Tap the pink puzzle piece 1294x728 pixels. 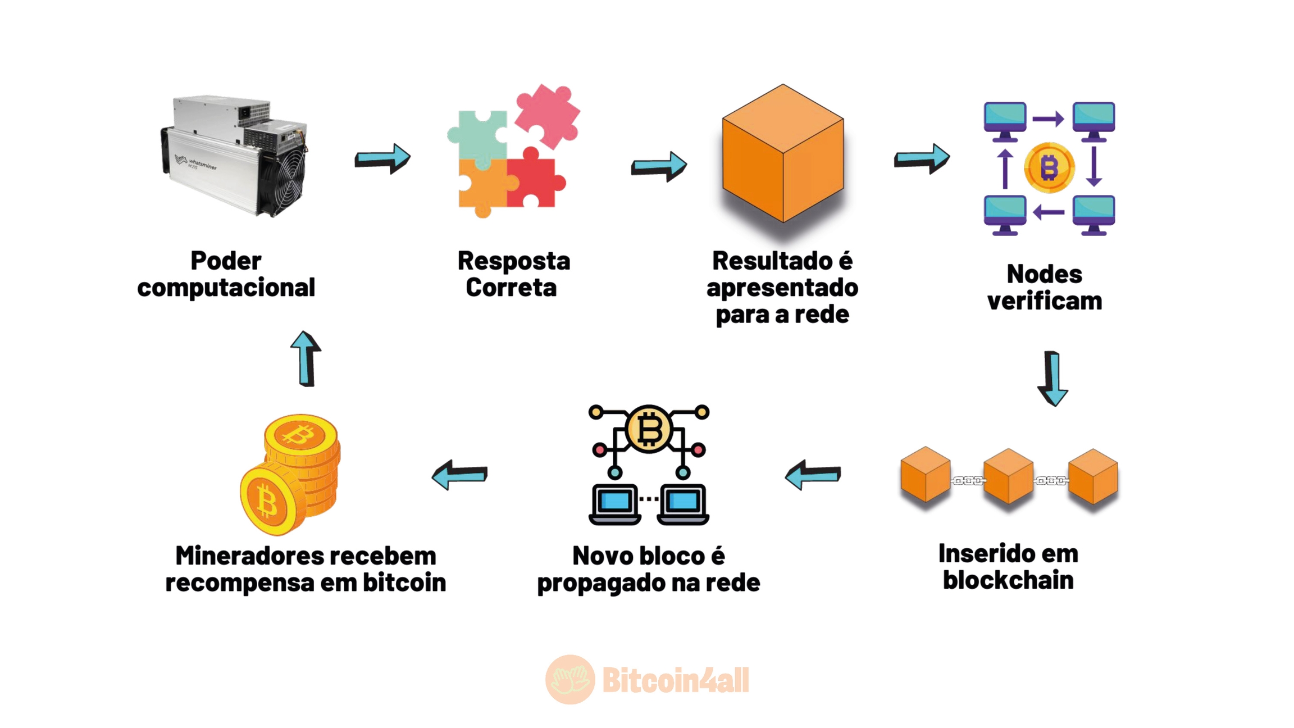[546, 115]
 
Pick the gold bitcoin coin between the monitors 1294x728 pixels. [1049, 167]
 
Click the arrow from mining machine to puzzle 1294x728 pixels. [382, 158]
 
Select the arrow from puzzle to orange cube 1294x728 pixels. [659, 166]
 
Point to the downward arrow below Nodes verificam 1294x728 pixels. [1052, 378]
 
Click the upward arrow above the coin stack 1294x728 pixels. [306, 359]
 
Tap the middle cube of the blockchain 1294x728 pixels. [1008, 476]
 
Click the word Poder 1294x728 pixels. [226, 261]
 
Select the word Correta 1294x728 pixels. [511, 288]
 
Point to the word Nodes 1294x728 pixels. [1044, 275]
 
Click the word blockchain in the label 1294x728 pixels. [1008, 580]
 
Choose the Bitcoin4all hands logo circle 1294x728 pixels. [570, 680]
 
